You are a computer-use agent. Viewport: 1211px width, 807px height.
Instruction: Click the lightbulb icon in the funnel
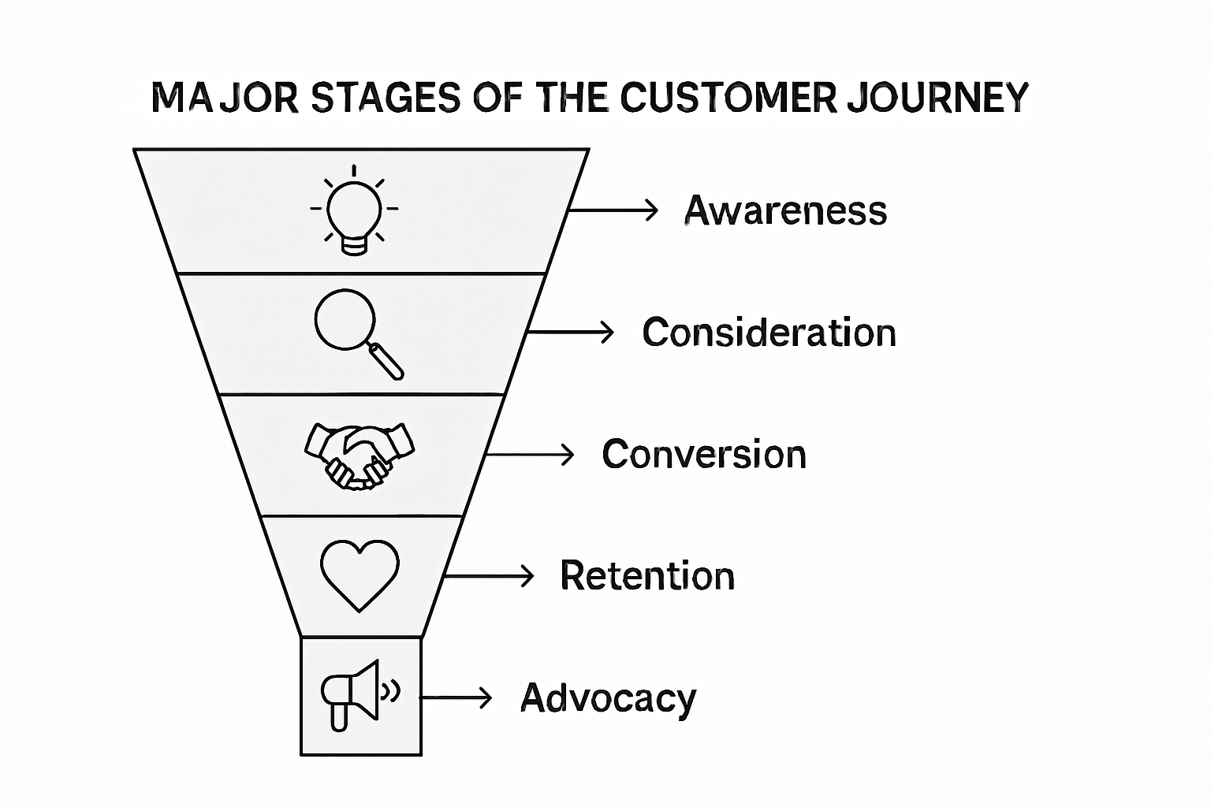[x=354, y=211]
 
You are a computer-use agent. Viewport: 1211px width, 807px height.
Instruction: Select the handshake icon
[x=360, y=456]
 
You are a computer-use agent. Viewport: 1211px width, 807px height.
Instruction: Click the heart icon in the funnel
[x=360, y=574]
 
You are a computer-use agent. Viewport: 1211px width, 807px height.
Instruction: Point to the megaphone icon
[x=355, y=694]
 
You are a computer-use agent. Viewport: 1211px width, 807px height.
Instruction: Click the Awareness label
[x=785, y=211]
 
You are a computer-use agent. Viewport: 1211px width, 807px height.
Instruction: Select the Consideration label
[x=769, y=333]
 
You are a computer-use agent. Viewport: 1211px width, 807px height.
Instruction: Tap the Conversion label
[x=704, y=455]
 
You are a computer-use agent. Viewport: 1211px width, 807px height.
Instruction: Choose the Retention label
[x=647, y=576]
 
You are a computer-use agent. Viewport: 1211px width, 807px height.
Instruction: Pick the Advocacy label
[x=609, y=698]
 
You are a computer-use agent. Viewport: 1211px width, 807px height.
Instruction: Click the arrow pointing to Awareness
[x=613, y=210]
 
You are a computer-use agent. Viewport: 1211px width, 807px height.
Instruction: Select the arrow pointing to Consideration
[x=570, y=332]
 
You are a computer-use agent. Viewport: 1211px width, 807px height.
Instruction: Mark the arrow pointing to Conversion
[x=530, y=455]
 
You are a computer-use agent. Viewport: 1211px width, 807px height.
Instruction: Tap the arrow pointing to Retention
[x=489, y=576]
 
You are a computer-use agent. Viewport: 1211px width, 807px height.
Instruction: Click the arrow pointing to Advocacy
[x=456, y=697]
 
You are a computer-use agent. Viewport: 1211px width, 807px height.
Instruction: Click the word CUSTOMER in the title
[x=727, y=98]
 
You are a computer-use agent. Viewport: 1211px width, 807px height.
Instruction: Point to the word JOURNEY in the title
[x=937, y=98]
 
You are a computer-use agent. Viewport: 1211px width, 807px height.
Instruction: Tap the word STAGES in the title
[x=386, y=99]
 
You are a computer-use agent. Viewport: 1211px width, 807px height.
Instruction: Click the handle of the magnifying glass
[x=387, y=361]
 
